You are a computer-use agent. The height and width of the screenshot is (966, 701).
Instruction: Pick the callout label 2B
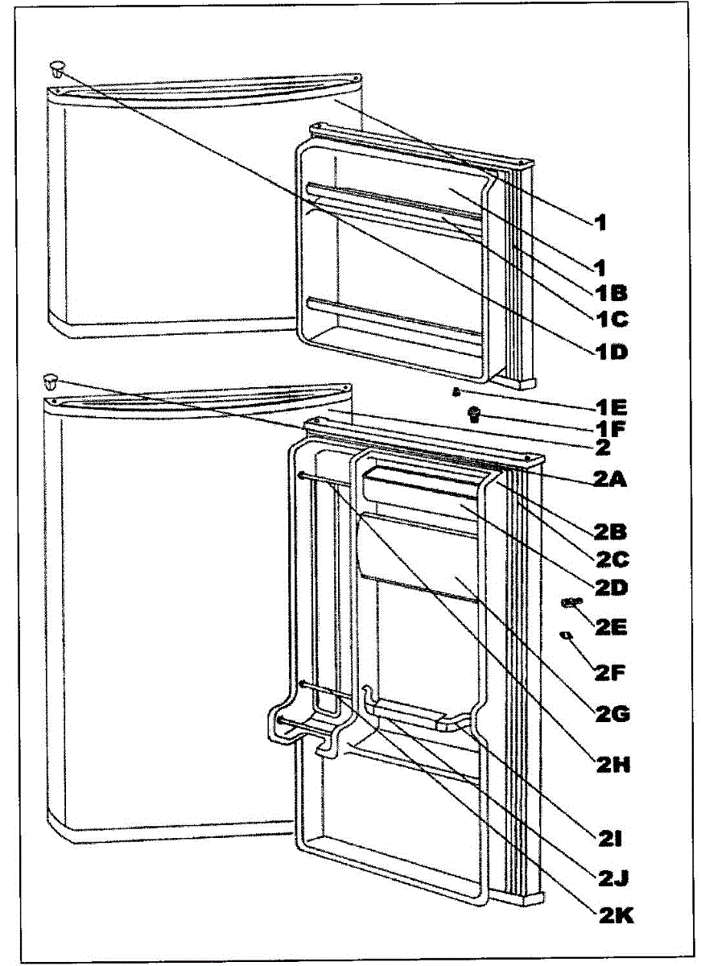[612, 532]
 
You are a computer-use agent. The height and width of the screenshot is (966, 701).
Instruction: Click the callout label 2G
[612, 713]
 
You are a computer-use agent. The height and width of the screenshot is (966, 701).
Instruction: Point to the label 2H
[612, 766]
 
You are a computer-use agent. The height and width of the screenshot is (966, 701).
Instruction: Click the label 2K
[612, 915]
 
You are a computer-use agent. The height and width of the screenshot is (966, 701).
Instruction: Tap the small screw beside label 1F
[474, 414]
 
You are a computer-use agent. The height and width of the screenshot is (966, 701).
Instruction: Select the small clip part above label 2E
[571, 602]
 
